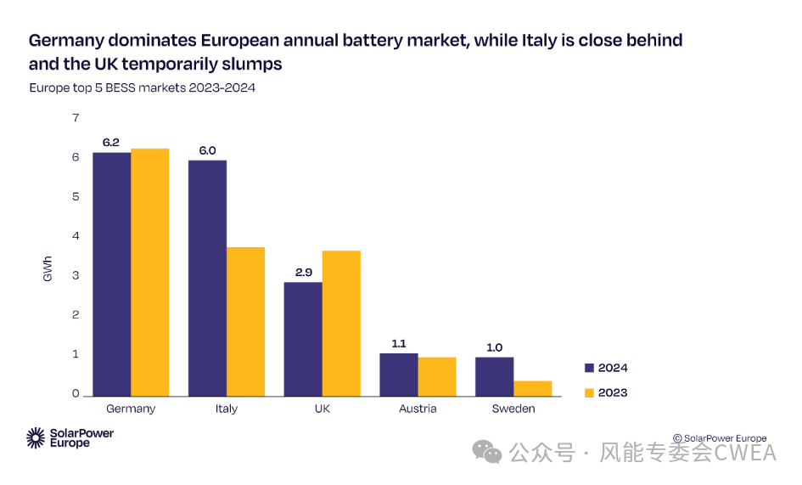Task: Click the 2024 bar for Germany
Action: (111, 274)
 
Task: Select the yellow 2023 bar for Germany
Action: (150, 272)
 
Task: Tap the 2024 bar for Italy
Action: (207, 278)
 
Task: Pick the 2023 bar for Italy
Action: (246, 321)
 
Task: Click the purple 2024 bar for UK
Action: (303, 338)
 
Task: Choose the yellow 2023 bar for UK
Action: (341, 323)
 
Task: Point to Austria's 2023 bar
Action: (437, 376)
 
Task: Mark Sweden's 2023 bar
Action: (533, 388)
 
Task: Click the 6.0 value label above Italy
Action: (207, 150)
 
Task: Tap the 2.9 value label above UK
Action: (303, 272)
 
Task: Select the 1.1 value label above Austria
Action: (399, 343)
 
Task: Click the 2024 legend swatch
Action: (590, 368)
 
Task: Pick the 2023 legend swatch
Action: (590, 392)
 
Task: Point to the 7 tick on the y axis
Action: (76, 118)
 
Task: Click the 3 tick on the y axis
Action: (76, 276)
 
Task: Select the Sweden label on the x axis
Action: (513, 409)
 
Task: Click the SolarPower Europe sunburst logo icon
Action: (36, 438)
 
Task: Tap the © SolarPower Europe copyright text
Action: (720, 438)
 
